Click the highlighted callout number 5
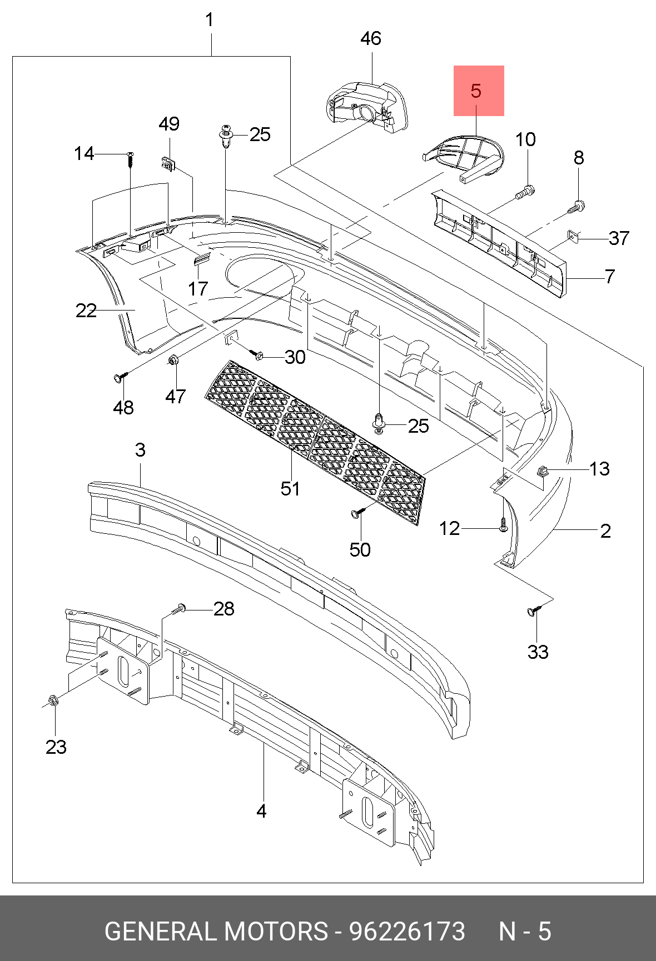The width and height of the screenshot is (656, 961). pos(476,91)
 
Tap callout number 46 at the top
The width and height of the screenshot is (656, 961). pos(370,38)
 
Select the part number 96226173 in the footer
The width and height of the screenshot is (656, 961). pos(407,931)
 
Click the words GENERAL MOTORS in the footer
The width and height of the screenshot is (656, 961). pos(216,931)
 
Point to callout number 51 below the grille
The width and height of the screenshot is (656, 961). pos(290,489)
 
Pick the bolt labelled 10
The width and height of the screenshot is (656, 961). pos(524,193)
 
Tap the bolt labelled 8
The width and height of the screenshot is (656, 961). pos(576,207)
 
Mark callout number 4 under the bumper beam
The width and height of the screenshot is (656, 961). pos(261,812)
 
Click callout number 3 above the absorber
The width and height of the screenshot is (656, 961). pos(140,450)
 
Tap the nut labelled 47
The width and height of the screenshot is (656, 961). pos(173,361)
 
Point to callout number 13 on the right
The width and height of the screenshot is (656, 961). pos(599,469)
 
